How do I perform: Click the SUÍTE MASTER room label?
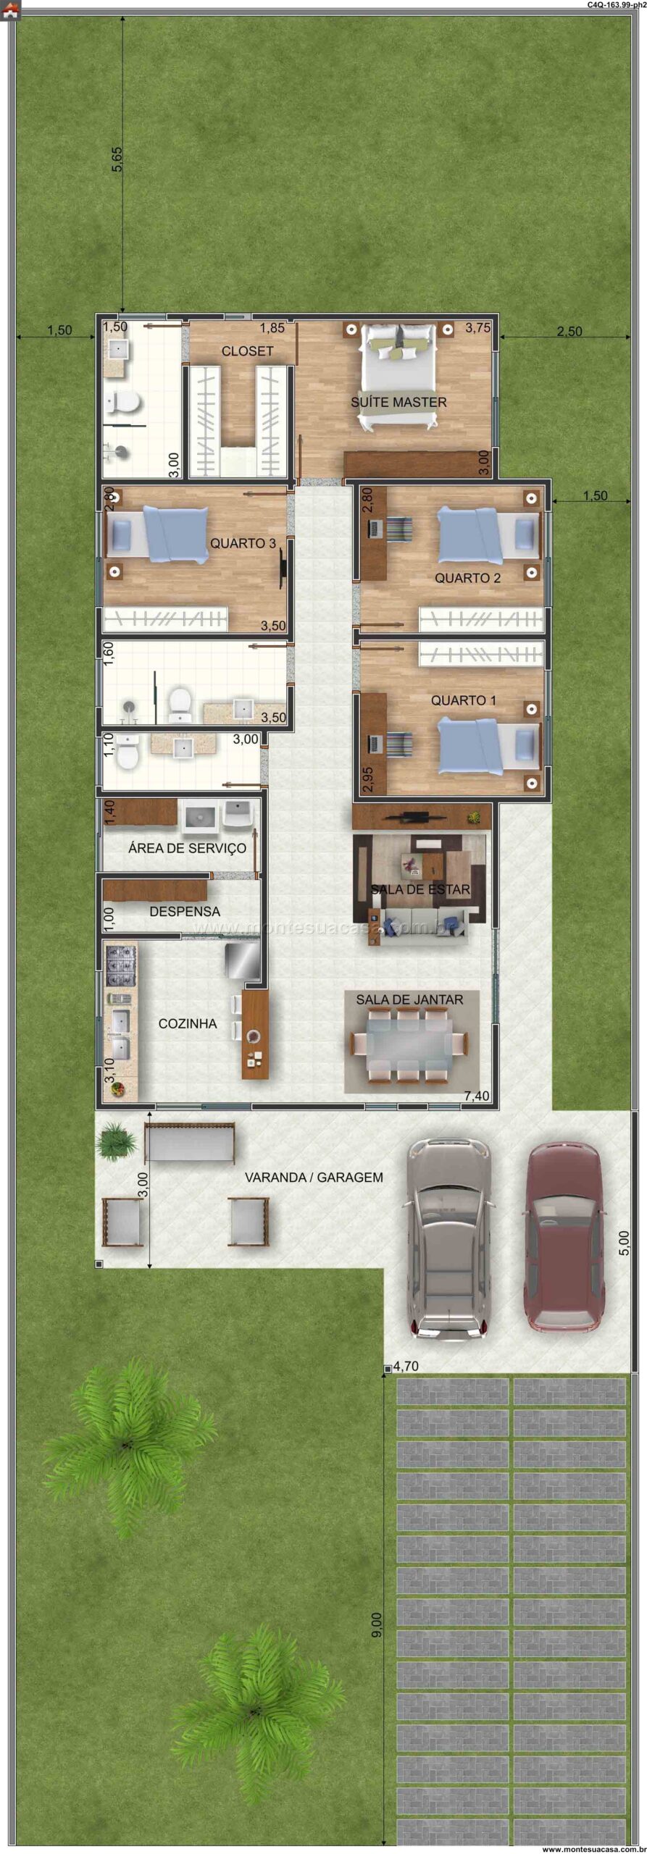(398, 402)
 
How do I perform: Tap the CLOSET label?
(247, 351)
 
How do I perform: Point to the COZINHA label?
(188, 1023)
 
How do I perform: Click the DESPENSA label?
(185, 911)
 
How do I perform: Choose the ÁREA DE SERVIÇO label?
(187, 847)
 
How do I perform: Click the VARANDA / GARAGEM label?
(314, 1178)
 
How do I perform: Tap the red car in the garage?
(564, 1237)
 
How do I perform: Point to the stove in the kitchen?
(121, 965)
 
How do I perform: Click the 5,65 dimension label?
(117, 159)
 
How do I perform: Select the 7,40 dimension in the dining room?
(476, 1096)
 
